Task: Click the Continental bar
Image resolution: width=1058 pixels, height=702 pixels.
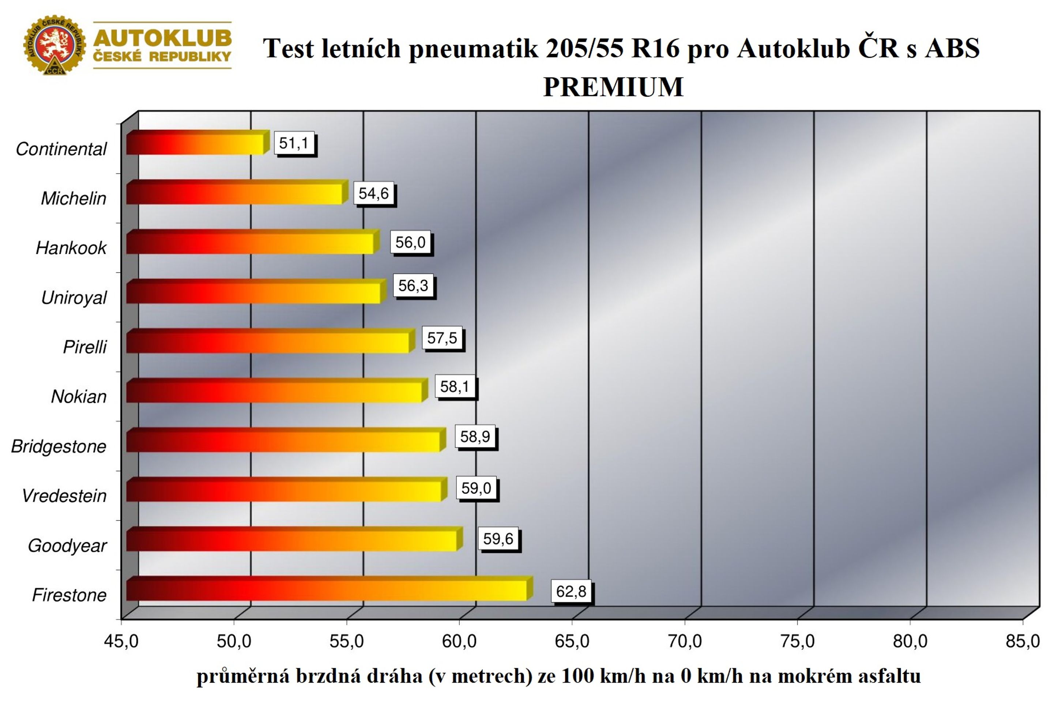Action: click(x=198, y=142)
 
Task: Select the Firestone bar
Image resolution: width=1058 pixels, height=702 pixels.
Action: click(x=330, y=589)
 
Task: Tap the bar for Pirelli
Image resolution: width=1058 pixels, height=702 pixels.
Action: click(x=270, y=341)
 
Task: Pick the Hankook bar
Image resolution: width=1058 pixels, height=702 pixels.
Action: click(x=253, y=242)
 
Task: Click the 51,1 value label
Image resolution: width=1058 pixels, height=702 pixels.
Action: click(x=294, y=143)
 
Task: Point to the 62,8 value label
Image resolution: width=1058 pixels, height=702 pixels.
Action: click(x=571, y=592)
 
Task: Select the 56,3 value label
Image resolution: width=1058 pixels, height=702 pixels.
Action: click(x=413, y=285)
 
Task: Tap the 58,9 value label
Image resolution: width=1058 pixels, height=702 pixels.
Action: click(x=475, y=436)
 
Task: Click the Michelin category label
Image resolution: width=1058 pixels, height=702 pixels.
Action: click(x=74, y=198)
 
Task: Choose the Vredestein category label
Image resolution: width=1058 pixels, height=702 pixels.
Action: click(x=64, y=496)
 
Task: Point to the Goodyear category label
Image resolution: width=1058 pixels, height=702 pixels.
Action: click(x=67, y=546)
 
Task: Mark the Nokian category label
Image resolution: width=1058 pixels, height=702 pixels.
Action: click(x=79, y=397)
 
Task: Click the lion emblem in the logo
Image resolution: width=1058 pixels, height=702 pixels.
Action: click(x=54, y=44)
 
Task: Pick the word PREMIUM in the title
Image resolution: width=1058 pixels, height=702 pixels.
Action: click(x=613, y=87)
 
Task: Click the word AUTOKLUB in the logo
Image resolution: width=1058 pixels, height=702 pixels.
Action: click(x=162, y=38)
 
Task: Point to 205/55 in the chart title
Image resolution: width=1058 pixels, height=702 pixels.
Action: click(x=585, y=48)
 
